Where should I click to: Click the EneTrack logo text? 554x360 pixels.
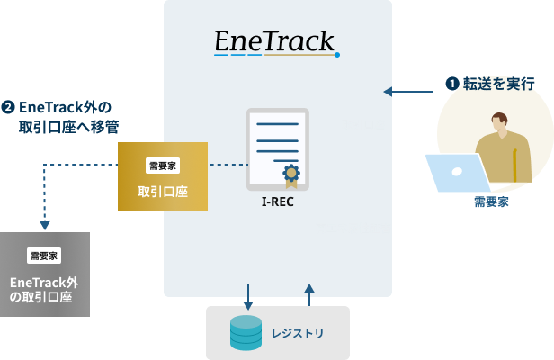tap(275, 42)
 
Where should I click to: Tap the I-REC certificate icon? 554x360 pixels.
tap(278, 149)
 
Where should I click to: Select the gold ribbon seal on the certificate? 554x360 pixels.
tap(291, 175)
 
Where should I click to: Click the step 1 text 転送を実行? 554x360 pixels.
tap(497, 84)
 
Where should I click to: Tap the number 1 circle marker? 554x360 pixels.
tap(452, 84)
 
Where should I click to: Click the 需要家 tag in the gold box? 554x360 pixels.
tap(163, 166)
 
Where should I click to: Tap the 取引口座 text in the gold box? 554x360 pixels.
tap(163, 192)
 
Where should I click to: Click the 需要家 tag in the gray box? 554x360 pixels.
tap(44, 256)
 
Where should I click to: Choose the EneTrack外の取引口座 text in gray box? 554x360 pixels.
tap(44, 289)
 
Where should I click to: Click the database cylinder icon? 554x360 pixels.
tap(246, 333)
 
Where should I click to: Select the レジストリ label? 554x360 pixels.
tap(298, 334)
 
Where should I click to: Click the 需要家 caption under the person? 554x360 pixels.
tap(491, 202)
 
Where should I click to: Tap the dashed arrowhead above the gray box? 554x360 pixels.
tap(45, 225)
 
